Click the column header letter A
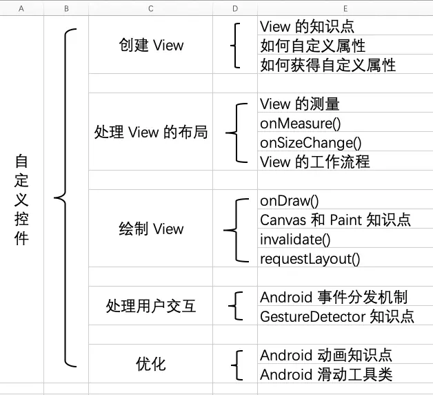click(21, 8)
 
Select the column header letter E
click(345, 8)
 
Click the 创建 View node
click(150, 46)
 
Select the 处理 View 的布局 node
click(150, 132)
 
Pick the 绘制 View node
click(150, 229)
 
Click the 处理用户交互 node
click(150, 306)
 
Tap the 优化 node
click(150, 364)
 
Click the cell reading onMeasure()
click(301, 124)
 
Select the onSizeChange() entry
click(310, 143)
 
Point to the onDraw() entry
click(290, 201)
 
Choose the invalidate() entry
click(295, 240)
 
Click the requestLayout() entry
click(310, 259)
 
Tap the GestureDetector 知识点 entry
click(336, 316)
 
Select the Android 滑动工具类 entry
click(325, 375)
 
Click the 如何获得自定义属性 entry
click(328, 65)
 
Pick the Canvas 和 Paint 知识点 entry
click(335, 220)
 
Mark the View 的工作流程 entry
click(314, 162)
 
